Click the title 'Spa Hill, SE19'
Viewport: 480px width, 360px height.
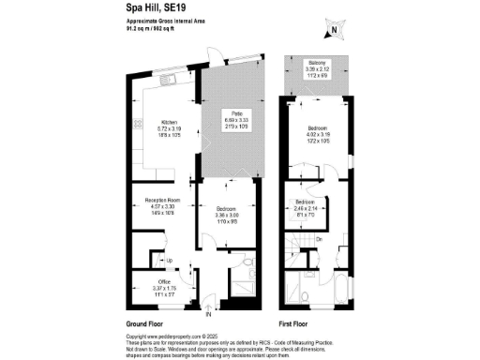point(157,7)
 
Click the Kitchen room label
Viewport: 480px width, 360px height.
point(169,122)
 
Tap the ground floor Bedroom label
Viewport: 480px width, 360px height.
point(226,207)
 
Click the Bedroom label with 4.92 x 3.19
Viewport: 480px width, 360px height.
point(315,131)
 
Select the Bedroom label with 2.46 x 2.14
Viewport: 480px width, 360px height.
point(306,202)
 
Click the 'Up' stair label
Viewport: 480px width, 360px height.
point(170,261)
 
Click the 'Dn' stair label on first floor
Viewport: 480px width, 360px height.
point(321,239)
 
